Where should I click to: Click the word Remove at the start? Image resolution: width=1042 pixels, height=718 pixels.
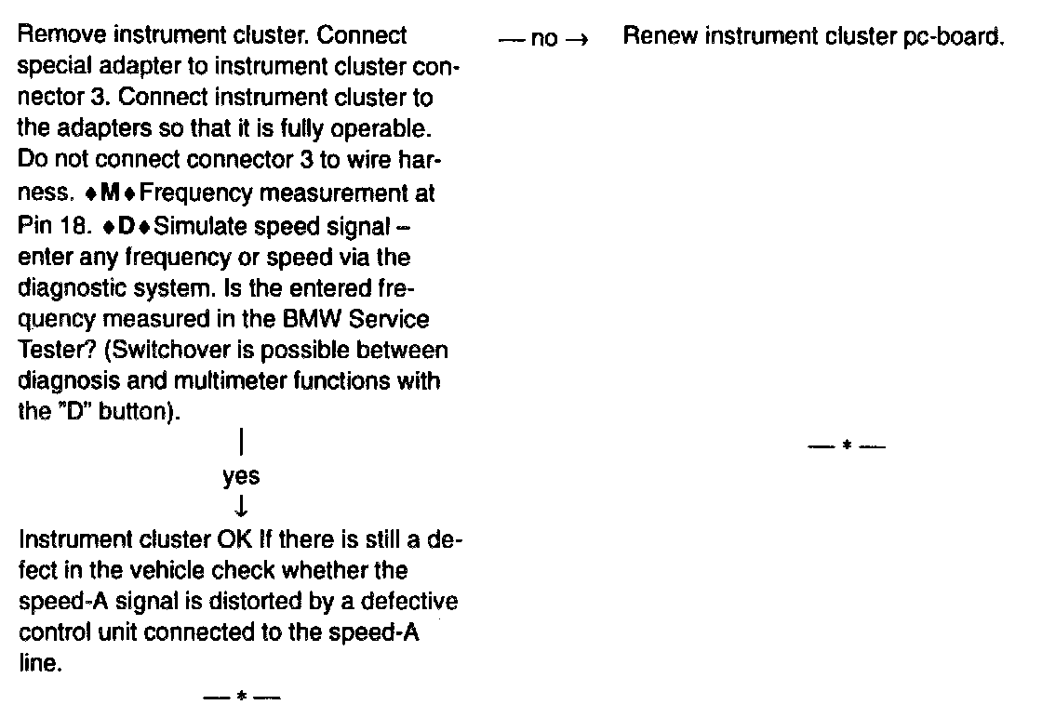tap(54, 37)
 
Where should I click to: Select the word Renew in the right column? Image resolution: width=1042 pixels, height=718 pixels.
tap(654, 37)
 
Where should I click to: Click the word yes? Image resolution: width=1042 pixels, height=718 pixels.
tap(241, 477)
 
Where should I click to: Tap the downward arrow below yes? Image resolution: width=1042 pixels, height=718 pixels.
tap(241, 506)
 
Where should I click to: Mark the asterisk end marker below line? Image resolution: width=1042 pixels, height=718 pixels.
tap(242, 696)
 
